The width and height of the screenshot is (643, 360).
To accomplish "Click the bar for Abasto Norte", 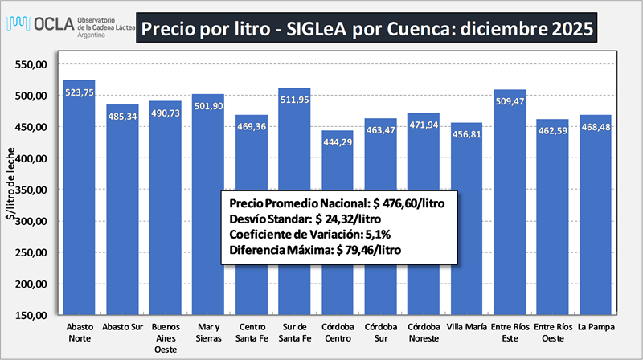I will (x=79, y=201).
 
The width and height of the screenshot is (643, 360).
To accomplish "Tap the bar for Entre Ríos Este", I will (x=509, y=201).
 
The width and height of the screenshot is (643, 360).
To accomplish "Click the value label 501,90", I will (x=208, y=105).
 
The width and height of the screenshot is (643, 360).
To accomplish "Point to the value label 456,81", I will (x=466, y=133).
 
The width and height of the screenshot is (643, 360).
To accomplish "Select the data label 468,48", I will (x=595, y=126).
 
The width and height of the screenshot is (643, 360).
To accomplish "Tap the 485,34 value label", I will (x=122, y=116).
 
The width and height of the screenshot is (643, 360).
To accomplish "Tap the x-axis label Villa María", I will (x=465, y=327).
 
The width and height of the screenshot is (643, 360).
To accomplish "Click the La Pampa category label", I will (x=594, y=327).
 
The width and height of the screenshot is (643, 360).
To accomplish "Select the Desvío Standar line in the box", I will (x=314, y=218).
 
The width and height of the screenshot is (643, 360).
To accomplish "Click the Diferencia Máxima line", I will (x=315, y=250).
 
